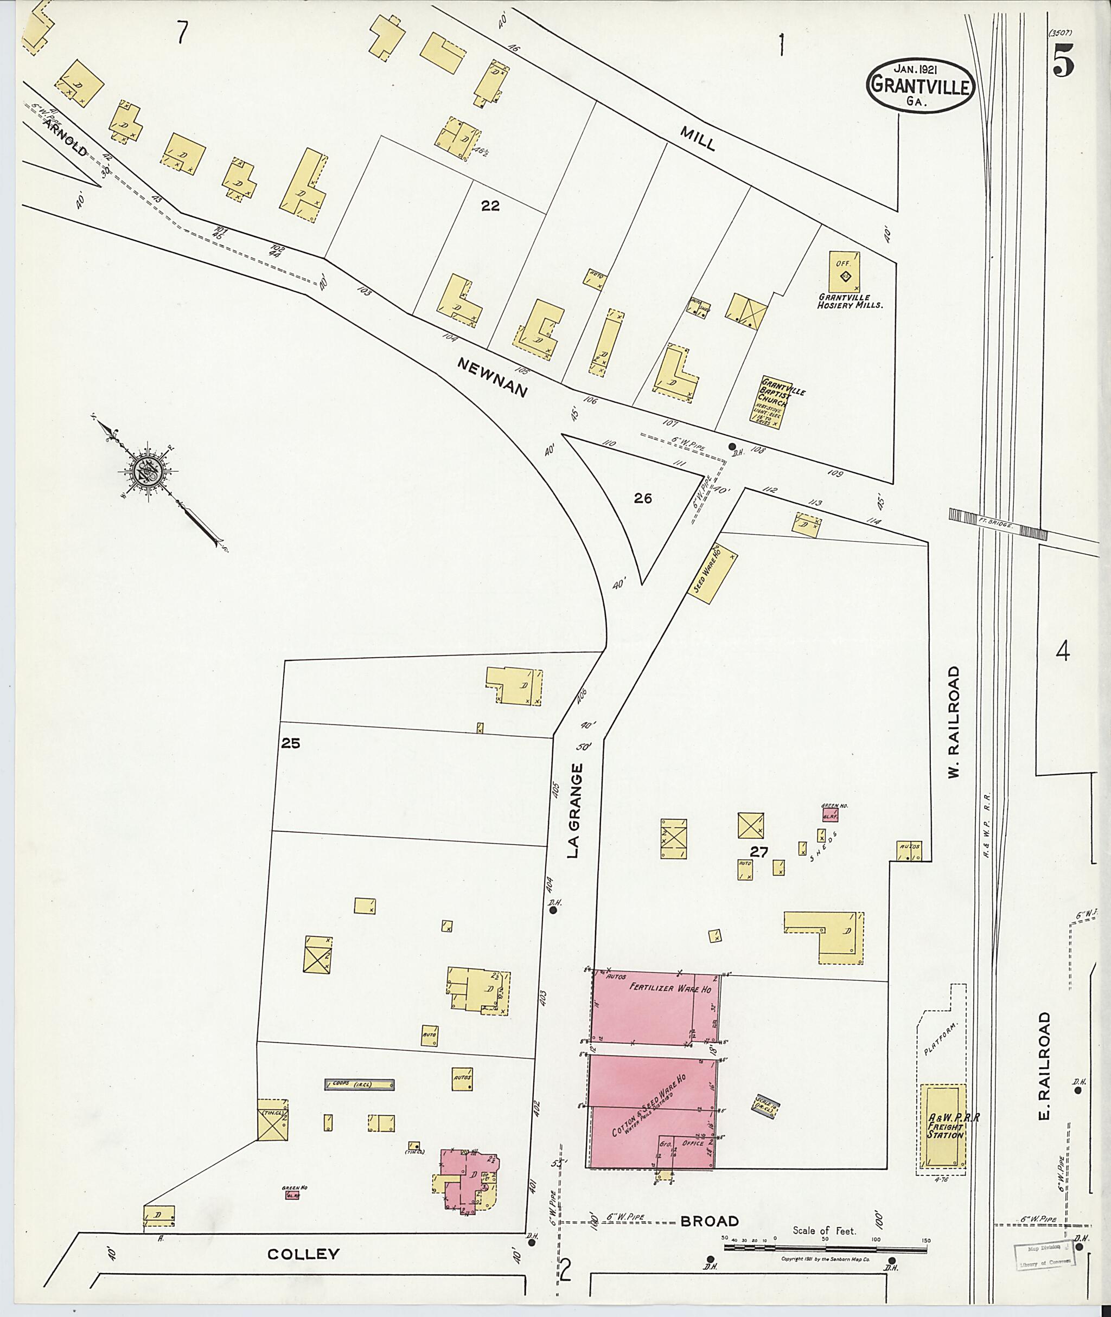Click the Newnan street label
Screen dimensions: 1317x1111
click(491, 377)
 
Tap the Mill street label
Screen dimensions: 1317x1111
click(698, 138)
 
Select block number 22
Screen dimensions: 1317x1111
click(490, 205)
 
